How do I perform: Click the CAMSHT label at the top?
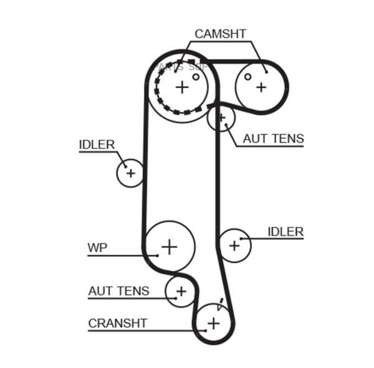(x=220, y=34)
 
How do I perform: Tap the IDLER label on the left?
(x=96, y=145)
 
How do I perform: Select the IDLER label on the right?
(x=285, y=232)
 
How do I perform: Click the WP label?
(x=97, y=248)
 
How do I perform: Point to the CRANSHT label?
(x=118, y=323)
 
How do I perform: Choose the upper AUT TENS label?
(x=273, y=139)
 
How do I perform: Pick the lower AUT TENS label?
(x=118, y=291)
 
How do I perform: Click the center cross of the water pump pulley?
(x=170, y=247)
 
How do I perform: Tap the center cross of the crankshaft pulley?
(x=213, y=323)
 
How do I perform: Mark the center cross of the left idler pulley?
(x=130, y=173)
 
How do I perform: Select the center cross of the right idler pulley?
(x=234, y=246)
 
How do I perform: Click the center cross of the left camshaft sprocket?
(x=182, y=87)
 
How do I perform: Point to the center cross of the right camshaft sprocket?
(x=261, y=87)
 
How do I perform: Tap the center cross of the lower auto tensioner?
(x=181, y=291)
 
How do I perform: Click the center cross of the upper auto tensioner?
(x=221, y=117)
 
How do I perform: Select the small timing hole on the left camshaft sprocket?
(x=196, y=77)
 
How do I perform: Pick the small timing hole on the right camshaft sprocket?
(x=248, y=77)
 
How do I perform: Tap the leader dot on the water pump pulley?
(x=158, y=255)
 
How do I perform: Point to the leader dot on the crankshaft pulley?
(x=205, y=331)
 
